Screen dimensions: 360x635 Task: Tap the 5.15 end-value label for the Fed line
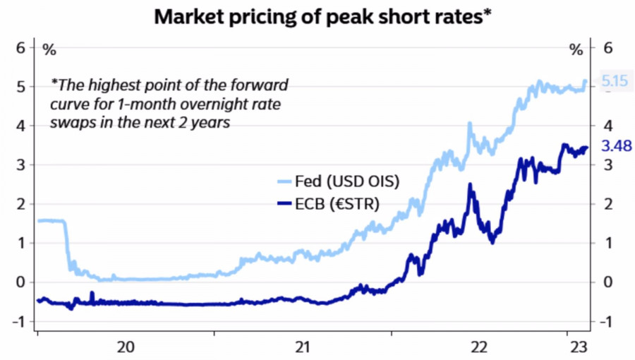point(615,82)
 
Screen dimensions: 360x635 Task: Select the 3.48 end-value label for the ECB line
point(615,147)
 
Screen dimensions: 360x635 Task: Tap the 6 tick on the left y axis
point(20,48)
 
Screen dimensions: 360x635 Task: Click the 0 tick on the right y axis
point(606,282)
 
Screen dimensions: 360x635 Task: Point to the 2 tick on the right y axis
point(606,204)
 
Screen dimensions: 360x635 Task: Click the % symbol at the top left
point(49,50)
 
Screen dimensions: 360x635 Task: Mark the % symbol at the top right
point(576,50)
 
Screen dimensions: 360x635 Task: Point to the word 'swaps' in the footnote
point(69,122)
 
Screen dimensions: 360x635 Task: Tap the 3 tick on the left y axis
point(20,165)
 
